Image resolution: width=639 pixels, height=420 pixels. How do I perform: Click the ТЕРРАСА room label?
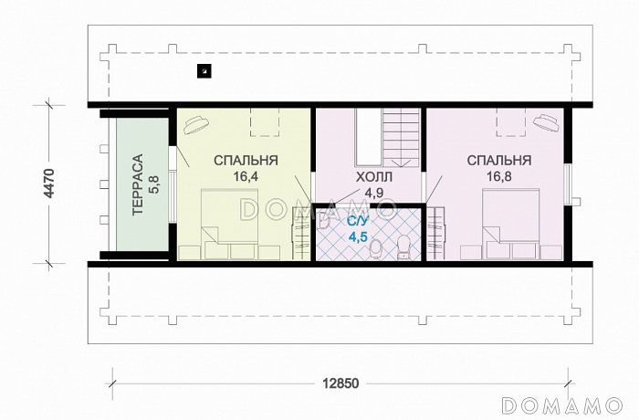[x=138, y=184]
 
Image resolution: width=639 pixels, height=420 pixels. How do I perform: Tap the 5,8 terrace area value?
[x=155, y=184]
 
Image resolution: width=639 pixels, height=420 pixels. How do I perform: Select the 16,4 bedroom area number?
[x=246, y=176]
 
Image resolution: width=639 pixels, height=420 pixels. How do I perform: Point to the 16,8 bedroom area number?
[x=499, y=176]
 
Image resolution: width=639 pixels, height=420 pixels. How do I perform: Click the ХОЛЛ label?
[x=374, y=177]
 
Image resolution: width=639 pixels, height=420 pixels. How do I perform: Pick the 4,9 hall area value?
[x=374, y=193]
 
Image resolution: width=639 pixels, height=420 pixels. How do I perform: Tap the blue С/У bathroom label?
[x=358, y=222]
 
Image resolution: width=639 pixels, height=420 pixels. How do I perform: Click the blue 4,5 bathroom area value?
[x=358, y=236]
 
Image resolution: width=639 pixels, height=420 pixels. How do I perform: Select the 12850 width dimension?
[x=340, y=383]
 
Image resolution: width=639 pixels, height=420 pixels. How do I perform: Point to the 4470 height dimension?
[x=49, y=184]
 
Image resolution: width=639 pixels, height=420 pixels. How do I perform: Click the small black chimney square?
[x=204, y=71]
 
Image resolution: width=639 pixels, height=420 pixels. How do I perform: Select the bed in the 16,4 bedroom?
[x=229, y=224]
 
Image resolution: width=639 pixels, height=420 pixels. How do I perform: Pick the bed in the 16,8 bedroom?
[x=510, y=224]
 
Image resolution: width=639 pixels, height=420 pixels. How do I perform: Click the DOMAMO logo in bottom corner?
[x=562, y=405]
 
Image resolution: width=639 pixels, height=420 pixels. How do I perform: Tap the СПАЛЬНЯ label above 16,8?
[x=499, y=161]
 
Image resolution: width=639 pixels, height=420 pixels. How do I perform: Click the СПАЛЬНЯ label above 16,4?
[x=246, y=161]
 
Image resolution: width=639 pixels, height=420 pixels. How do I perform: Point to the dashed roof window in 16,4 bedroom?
[x=265, y=122]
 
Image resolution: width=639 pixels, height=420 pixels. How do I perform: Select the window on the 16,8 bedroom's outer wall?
[x=567, y=184]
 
